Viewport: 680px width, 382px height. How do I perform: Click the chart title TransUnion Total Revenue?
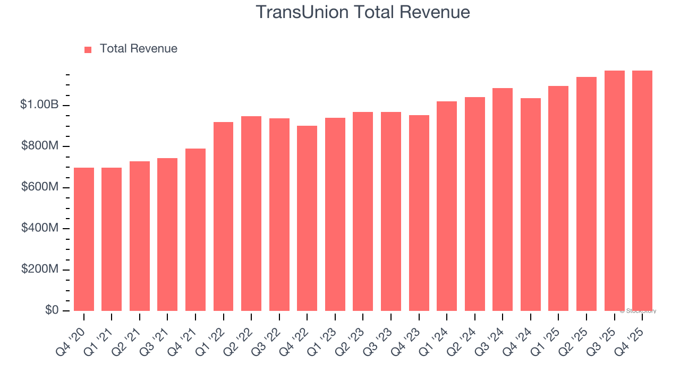tap(363, 12)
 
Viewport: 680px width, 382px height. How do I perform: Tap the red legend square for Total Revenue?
tap(88, 49)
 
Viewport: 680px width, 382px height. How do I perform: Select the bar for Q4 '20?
tap(84, 239)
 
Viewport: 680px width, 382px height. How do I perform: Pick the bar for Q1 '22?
tap(224, 216)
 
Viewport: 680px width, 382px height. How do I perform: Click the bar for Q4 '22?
tap(307, 218)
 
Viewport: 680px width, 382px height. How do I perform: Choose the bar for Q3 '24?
tap(503, 199)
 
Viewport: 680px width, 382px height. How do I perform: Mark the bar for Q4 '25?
tap(642, 191)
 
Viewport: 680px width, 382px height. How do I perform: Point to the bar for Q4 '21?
tap(195, 230)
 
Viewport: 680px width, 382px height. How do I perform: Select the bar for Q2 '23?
tap(363, 211)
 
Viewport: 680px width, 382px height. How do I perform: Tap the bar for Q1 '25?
tap(558, 198)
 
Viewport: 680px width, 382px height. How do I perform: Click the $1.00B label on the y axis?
tap(39, 105)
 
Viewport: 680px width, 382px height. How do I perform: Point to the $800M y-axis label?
tap(40, 146)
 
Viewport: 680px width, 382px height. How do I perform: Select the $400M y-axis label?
tap(40, 228)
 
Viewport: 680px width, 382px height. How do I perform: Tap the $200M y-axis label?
tap(40, 269)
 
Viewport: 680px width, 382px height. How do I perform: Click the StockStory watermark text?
tap(638, 311)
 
